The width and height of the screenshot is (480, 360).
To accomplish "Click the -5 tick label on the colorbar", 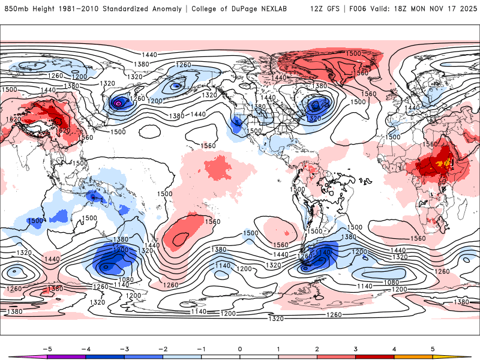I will (x=47, y=349).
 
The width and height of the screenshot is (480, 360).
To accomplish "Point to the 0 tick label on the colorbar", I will (x=240, y=349).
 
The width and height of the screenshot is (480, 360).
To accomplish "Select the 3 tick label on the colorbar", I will (x=356, y=349).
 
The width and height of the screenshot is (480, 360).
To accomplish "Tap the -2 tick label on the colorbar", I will (x=163, y=349).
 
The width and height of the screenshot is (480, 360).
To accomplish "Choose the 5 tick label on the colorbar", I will (x=433, y=349).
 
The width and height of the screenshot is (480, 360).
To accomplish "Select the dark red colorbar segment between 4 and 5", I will (x=413, y=356).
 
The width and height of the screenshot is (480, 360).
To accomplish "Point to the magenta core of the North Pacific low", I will (x=118, y=104).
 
